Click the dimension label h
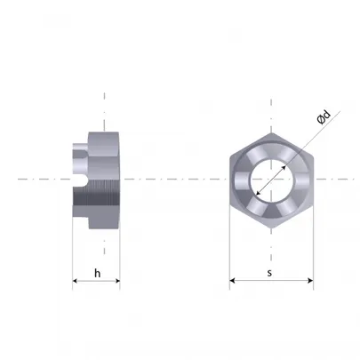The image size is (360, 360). [97, 273]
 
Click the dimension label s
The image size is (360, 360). [269, 273]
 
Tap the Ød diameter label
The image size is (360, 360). [324, 117]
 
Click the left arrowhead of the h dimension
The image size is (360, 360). [75, 281]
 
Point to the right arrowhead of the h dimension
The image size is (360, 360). [117, 281]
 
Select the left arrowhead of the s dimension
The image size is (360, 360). [232, 280]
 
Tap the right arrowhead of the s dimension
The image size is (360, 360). [310, 280]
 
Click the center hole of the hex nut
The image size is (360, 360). [272, 180]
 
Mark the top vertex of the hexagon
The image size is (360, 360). [272, 132]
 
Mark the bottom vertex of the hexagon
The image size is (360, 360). [272, 228]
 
